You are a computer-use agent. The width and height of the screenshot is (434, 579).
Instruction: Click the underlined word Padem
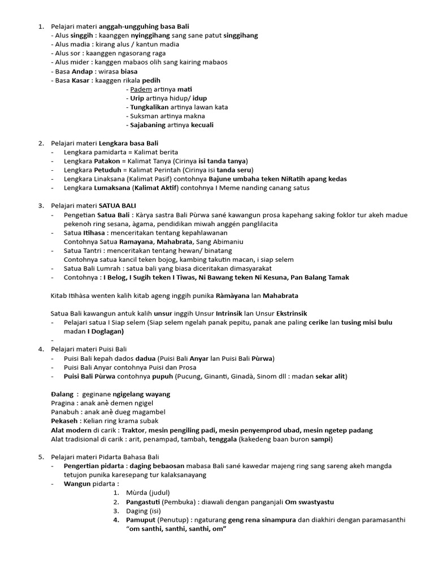(137, 89)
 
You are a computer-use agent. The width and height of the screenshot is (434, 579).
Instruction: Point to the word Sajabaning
(148, 125)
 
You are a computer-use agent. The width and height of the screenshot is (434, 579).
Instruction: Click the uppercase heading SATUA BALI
(118, 205)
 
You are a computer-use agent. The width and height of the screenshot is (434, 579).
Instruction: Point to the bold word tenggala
(223, 439)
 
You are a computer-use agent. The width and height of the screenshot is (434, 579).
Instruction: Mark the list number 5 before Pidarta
(41, 456)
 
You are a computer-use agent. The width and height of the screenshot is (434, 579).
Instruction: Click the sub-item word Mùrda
(138, 492)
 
